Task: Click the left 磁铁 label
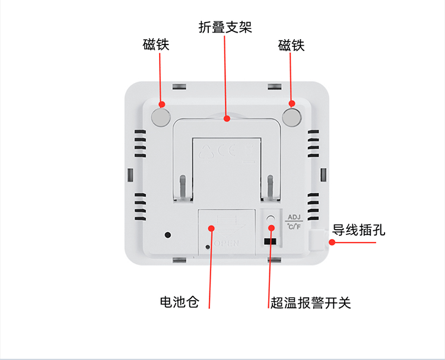point(156,45)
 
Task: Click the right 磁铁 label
point(291,45)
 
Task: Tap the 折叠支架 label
point(225,27)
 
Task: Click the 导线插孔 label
point(358,230)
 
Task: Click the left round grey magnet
point(161,116)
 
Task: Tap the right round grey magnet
point(291,116)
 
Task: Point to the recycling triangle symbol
point(205,151)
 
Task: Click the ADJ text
point(294,216)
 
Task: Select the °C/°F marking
point(294,226)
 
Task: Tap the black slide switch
point(270,241)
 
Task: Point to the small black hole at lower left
point(168,234)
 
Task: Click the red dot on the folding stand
point(227,119)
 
